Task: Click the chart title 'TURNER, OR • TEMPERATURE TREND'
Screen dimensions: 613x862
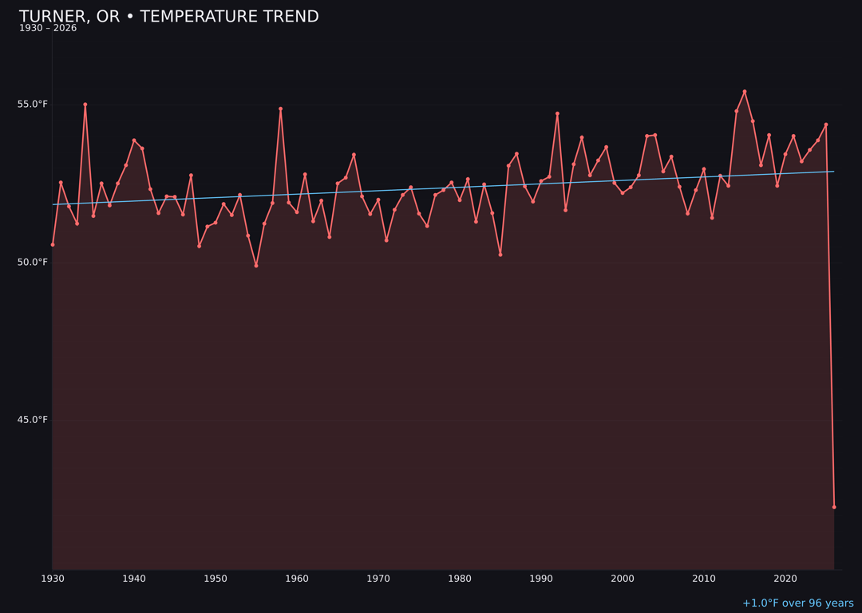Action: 168,17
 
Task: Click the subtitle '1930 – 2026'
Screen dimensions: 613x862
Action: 48,29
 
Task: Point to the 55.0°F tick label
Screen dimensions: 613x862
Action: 33,105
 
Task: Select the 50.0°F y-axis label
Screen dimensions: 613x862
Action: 33,263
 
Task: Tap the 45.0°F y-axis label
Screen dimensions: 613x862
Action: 33,420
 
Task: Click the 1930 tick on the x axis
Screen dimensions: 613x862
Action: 53,579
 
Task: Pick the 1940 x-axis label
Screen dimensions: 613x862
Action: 134,579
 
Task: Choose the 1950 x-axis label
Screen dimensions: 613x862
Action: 215,579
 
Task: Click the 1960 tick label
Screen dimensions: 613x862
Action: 297,579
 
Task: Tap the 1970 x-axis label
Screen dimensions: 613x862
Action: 378,579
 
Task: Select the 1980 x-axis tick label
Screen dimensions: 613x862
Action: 460,579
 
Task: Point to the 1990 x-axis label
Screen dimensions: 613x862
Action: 541,579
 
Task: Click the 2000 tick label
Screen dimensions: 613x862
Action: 623,579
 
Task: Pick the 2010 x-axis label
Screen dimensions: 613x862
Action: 704,579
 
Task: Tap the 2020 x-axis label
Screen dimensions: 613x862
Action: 785,579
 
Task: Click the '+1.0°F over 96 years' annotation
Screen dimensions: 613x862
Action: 797,603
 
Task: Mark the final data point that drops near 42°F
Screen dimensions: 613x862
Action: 834,507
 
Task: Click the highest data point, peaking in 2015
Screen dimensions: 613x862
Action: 745,92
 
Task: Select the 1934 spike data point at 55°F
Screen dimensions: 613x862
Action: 85,105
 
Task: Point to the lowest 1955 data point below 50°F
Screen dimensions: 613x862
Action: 256,266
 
